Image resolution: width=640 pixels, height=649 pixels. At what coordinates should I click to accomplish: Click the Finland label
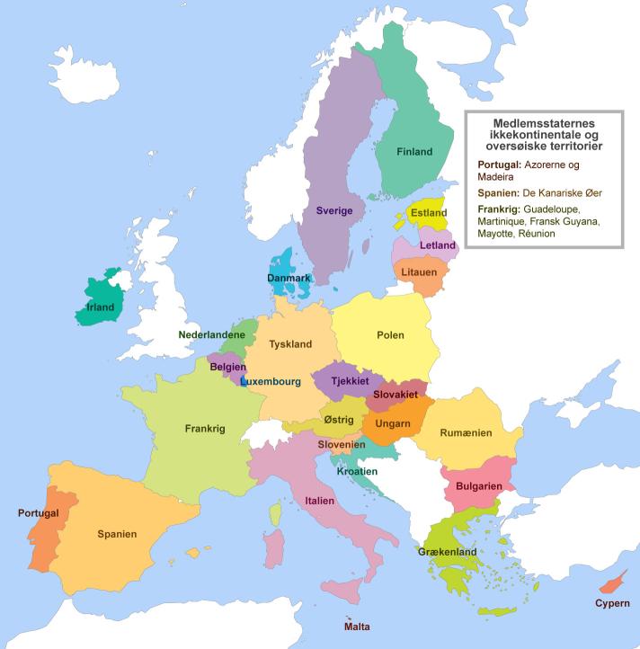click(x=414, y=152)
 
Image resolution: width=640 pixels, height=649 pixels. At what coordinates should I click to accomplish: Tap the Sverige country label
click(x=333, y=210)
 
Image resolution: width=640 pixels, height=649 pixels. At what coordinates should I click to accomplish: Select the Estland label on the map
click(x=428, y=213)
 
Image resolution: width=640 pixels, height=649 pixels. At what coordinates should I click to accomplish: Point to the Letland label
click(x=438, y=245)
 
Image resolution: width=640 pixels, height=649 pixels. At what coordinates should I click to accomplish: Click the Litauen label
click(x=418, y=271)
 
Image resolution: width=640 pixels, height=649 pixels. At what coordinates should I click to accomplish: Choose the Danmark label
click(x=289, y=279)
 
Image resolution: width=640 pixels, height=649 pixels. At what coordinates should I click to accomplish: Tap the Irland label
click(x=100, y=307)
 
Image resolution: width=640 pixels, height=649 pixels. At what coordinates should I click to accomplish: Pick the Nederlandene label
click(x=211, y=334)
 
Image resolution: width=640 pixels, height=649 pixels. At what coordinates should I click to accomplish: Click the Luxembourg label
click(x=270, y=381)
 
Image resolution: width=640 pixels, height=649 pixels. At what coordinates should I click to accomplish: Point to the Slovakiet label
click(x=396, y=395)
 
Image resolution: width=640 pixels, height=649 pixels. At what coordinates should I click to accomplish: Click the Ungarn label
click(x=393, y=423)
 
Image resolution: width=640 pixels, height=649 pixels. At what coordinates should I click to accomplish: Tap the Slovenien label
click(x=341, y=445)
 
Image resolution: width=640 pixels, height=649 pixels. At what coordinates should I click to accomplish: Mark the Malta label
click(x=357, y=627)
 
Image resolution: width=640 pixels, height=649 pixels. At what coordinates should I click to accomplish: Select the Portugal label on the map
click(x=38, y=513)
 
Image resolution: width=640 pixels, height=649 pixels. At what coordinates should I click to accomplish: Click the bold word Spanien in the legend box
click(x=498, y=192)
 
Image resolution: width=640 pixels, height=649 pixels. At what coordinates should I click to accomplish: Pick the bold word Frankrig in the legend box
click(x=499, y=209)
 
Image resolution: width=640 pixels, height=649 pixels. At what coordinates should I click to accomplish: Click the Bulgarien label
click(x=477, y=485)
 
